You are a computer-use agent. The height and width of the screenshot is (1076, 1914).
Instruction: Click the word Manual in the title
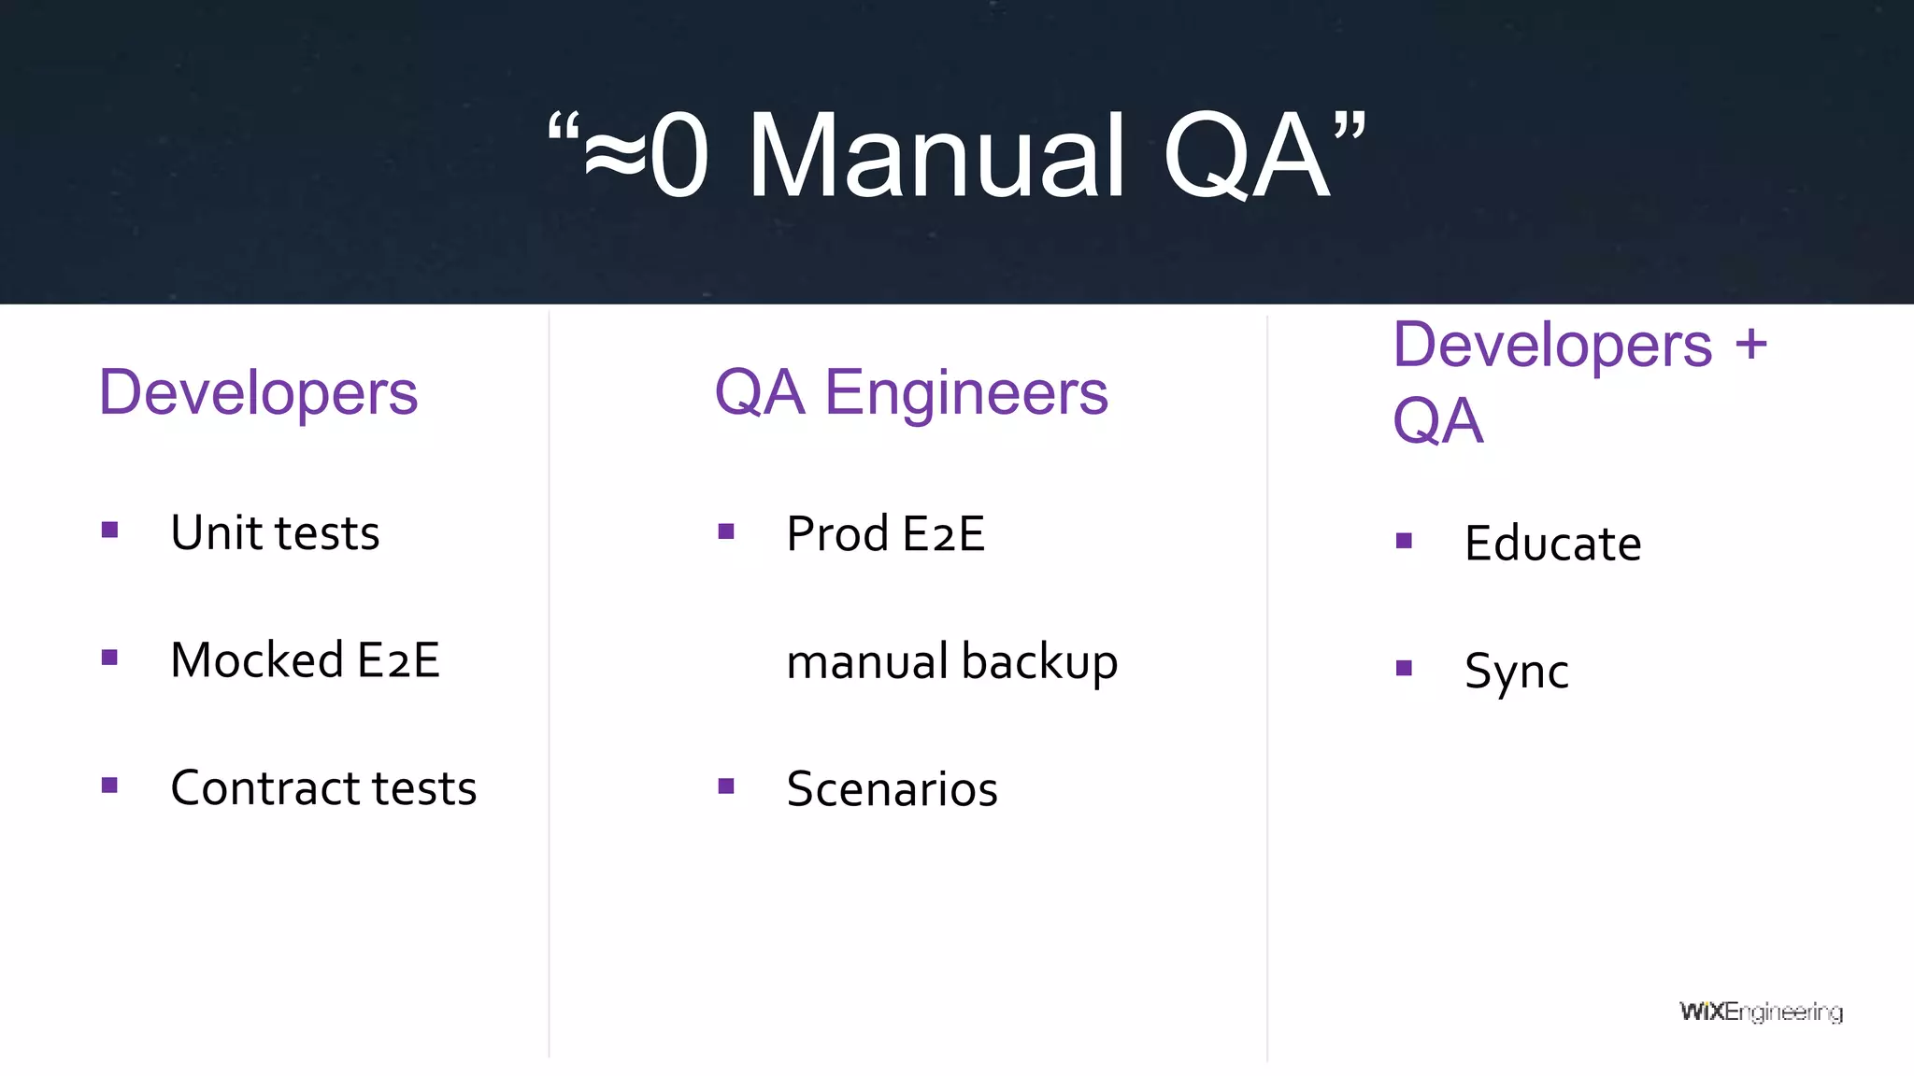[936, 157]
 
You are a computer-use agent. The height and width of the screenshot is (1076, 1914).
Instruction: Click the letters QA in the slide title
[1247, 157]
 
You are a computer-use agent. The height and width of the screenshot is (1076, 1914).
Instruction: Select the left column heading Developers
[258, 392]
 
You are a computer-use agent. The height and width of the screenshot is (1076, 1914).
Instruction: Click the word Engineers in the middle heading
[966, 392]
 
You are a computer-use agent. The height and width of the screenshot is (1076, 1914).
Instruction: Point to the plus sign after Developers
[1751, 344]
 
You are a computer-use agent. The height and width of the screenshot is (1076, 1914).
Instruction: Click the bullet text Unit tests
[275, 533]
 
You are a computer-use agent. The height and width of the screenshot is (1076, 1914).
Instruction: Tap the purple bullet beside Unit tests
[110, 531]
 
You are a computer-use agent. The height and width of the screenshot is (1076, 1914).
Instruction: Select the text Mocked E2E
[305, 660]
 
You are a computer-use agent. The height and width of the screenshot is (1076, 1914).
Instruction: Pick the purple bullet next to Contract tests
[110, 785]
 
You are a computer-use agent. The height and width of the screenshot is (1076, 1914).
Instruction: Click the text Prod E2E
[885, 534]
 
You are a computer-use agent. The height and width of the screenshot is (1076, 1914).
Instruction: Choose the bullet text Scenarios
[892, 789]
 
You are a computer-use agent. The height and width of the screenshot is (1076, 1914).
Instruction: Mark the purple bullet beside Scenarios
[726, 786]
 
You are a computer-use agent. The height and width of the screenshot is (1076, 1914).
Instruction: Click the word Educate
[1552, 544]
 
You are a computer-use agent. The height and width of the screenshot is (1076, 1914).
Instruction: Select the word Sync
[1516, 672]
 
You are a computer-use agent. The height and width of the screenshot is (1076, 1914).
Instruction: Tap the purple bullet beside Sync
[1404, 668]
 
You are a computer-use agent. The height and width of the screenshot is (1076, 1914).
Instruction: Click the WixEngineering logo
[1761, 1012]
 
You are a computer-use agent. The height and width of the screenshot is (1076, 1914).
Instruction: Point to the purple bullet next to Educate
[1404, 541]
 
